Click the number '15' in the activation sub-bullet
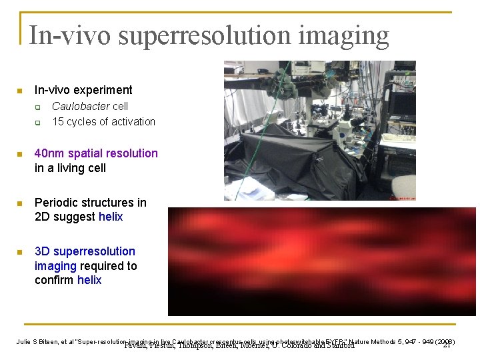click(58, 122)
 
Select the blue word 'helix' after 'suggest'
click(111, 217)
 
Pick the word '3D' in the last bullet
click(42, 251)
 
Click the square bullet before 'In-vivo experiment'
click(20, 91)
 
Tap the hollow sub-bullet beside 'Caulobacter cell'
click(38, 107)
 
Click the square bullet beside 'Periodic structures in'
click(20, 203)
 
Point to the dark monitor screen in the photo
click(402, 104)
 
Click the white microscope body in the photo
click(345, 126)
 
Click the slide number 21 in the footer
click(447, 345)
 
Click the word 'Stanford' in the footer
click(334, 346)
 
